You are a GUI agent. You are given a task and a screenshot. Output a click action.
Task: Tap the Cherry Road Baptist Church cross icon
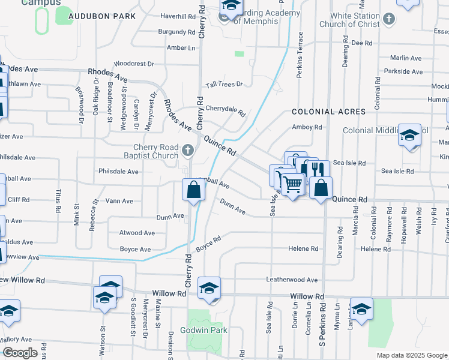click(188, 150)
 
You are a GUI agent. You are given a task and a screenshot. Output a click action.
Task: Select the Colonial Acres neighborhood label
click(328, 112)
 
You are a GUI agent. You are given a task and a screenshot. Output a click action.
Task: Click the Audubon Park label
click(101, 16)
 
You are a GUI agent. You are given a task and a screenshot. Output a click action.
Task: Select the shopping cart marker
click(292, 184)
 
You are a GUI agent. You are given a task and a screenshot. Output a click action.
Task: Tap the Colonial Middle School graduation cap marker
click(410, 135)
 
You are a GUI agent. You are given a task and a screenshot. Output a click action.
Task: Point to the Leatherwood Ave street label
click(292, 280)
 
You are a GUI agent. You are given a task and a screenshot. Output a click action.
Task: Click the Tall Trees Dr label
click(224, 85)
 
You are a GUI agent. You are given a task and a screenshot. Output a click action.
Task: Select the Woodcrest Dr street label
click(134, 63)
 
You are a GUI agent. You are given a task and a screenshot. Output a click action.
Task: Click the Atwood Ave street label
click(137, 233)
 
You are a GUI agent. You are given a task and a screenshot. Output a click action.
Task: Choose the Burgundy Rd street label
click(176, 31)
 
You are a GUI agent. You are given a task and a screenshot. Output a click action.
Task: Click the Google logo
click(20, 353)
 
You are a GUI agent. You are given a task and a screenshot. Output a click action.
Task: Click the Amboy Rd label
click(307, 127)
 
